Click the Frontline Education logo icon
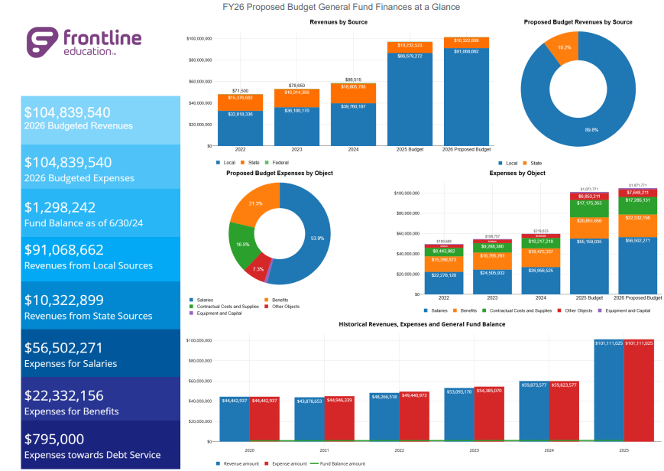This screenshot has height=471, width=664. [42, 43]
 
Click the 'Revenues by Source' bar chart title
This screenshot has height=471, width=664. [338, 22]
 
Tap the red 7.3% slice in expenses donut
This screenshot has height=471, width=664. [258, 269]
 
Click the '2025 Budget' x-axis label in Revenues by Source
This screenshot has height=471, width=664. [404, 150]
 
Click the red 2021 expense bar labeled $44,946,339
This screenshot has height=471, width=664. [334, 419]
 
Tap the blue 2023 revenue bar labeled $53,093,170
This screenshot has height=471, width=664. [458, 416]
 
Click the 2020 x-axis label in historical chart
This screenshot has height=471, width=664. [249, 450]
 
